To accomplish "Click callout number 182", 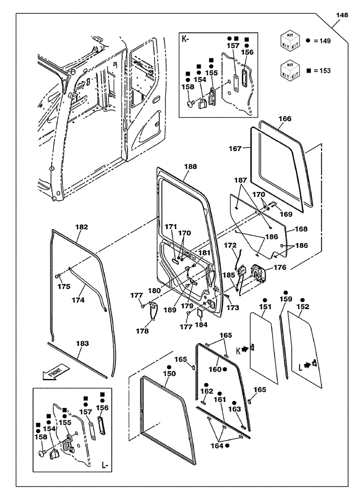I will [x=82, y=227].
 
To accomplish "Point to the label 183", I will [x=83, y=343].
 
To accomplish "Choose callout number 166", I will [x=285, y=119].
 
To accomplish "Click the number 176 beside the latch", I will [x=280, y=268].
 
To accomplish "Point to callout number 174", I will [x=78, y=300].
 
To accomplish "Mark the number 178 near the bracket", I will [x=142, y=331].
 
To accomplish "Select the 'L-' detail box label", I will [x=105, y=465].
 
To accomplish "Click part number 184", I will [x=202, y=325].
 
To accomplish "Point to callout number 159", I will [x=286, y=299].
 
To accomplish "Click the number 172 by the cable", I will [x=231, y=245].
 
